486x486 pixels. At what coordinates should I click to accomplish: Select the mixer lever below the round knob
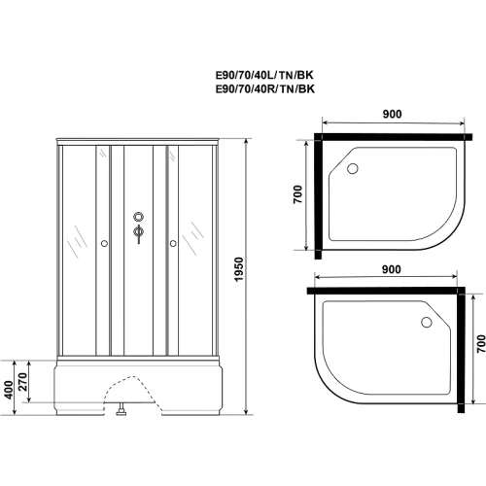tap(139, 234)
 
